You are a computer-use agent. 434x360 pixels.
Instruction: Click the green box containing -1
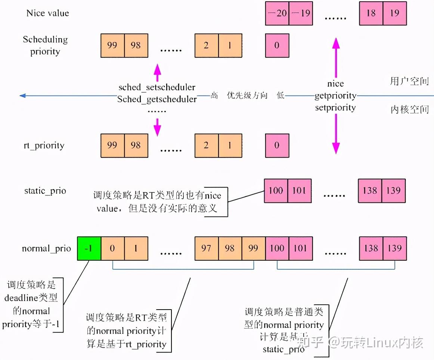(89, 248)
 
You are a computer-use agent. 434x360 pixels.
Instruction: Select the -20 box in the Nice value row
(277, 13)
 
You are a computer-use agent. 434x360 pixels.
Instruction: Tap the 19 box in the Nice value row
(395, 13)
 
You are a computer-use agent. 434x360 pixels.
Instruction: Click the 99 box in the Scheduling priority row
(112, 46)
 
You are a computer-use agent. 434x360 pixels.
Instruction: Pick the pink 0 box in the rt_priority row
(277, 145)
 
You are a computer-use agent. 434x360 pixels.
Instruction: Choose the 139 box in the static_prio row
(394, 190)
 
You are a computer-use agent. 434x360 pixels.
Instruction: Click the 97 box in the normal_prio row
(207, 248)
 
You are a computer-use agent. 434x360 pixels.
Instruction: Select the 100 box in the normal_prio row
(277, 248)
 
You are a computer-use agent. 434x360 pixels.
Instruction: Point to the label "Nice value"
(48, 13)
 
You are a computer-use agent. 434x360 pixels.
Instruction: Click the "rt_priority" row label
(44, 146)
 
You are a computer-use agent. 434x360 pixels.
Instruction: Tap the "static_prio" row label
(45, 191)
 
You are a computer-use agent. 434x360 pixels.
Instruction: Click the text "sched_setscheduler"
(157, 87)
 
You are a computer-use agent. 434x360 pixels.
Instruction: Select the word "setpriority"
(335, 108)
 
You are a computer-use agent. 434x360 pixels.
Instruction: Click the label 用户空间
(409, 81)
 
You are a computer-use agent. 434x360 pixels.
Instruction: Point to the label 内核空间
(409, 109)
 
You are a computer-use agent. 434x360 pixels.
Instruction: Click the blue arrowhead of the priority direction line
(22, 96)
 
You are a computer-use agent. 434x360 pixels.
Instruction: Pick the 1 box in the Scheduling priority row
(230, 46)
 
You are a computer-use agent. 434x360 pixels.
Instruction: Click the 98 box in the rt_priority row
(136, 145)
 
